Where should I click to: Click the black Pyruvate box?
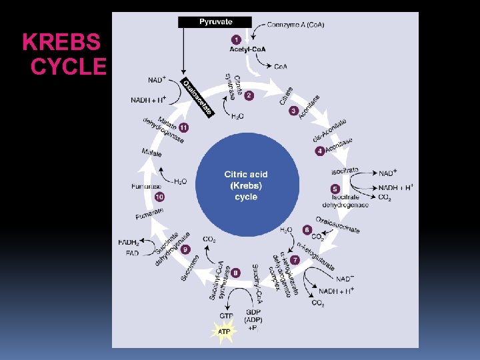pos(215,22)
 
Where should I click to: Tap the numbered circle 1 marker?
pos(236,39)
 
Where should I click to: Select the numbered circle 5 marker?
pos(335,189)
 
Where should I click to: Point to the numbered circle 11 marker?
pos(183,127)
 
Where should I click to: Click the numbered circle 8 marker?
pos(236,273)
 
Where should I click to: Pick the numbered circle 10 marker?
pos(159,197)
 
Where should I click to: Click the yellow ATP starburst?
pos(225,331)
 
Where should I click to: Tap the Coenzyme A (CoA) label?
pos(296,24)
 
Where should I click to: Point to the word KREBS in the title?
pos(61,43)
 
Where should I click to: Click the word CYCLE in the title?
pos(69,67)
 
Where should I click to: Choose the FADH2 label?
pos(129,242)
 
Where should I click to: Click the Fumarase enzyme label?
pos(147,186)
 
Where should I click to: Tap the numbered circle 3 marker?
pos(293,111)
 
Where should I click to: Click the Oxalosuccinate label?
pos(337,225)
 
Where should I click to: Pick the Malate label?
pos(152,153)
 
